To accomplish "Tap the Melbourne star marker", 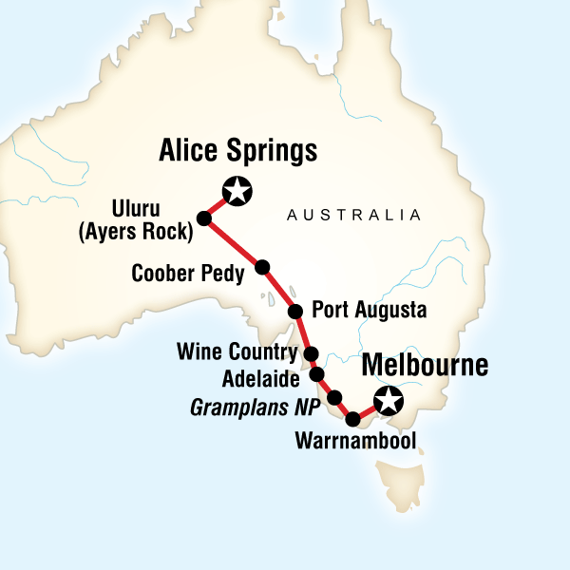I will [389, 401].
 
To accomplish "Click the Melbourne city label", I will [424, 366].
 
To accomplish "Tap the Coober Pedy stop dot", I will [263, 266].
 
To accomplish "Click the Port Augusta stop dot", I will [294, 311].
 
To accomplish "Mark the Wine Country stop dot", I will [311, 353].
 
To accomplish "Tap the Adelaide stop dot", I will [316, 373].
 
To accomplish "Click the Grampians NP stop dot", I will [334, 396].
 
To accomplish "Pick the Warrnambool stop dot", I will [353, 419].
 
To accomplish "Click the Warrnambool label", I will [356, 442].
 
